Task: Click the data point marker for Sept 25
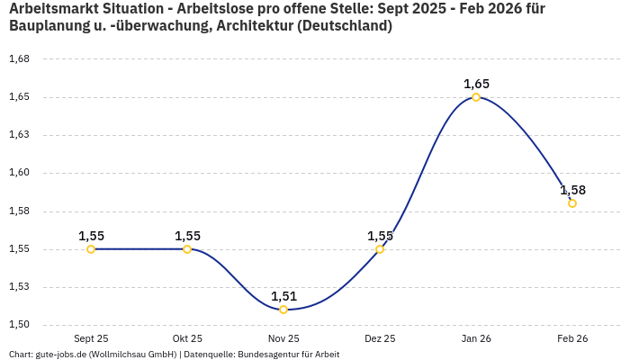91,249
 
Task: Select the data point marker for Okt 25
187,249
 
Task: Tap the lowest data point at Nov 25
283,310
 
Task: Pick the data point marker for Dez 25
380,249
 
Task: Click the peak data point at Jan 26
476,97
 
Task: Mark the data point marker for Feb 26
572,203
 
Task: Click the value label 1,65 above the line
476,84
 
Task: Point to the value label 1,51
283,296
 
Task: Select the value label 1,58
572,190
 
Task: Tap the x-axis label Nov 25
283,338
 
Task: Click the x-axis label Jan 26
476,338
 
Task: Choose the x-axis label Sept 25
91,338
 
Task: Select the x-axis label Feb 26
572,338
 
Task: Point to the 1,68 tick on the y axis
19,59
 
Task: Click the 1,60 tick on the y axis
19,173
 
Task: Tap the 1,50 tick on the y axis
19,325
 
